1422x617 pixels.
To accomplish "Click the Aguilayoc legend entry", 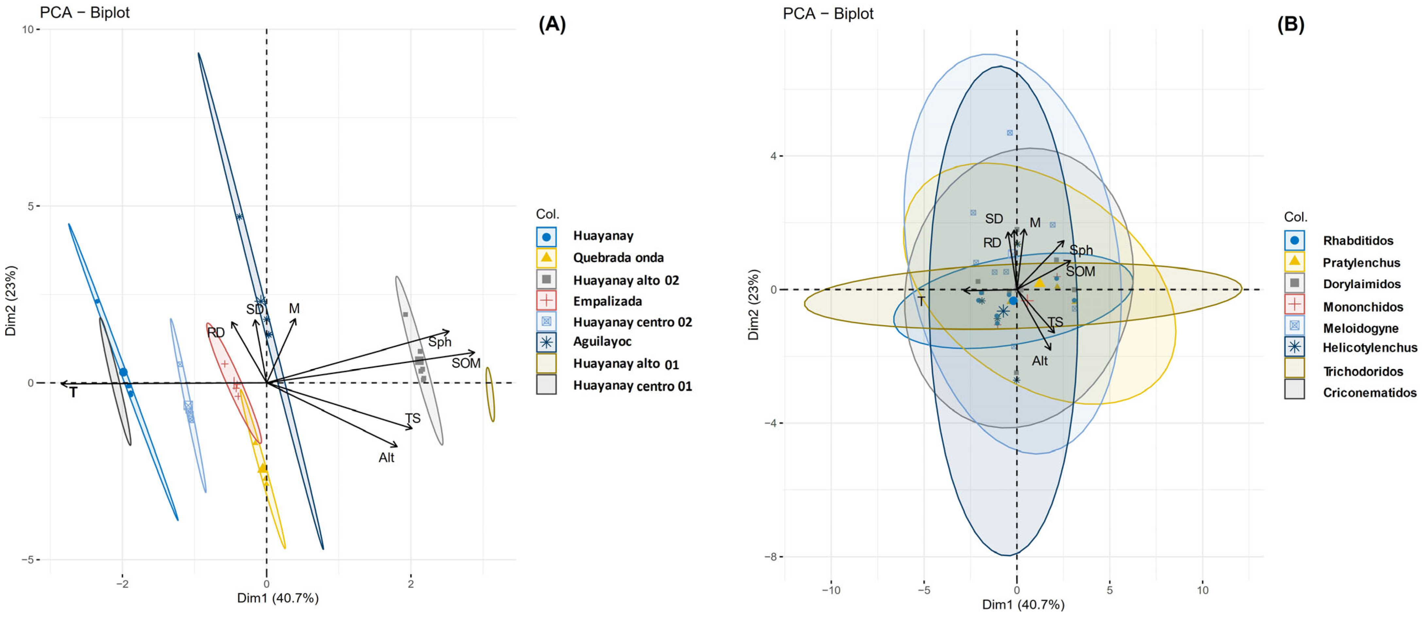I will tap(602, 342).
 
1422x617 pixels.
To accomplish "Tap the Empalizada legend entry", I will tap(607, 301).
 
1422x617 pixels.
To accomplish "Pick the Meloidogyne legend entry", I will tap(1360, 328).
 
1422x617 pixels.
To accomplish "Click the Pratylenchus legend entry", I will tap(1361, 263).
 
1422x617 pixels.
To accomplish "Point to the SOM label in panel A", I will tap(466, 363).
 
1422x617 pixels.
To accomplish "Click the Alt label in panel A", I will tap(386, 458).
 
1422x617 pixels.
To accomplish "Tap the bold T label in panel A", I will tap(73, 393).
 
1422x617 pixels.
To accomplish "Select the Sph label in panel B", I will tap(1081, 250).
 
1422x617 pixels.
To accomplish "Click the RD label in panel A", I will tap(216, 333).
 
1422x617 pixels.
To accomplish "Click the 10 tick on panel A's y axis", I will tap(27, 29).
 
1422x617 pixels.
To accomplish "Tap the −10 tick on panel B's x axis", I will tap(831, 590).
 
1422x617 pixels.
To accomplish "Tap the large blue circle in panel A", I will tap(123, 373).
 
